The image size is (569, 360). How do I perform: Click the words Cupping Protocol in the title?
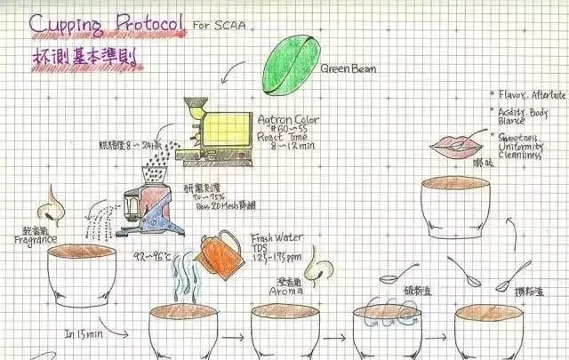click(108, 24)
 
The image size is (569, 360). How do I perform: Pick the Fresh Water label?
click(275, 238)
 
